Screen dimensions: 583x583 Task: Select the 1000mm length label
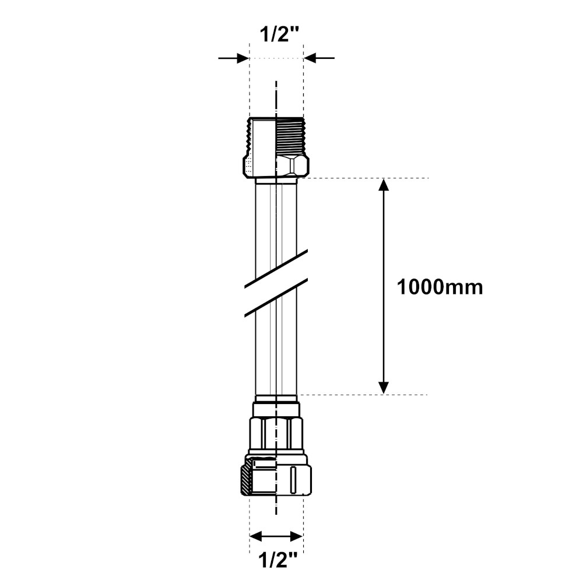440,287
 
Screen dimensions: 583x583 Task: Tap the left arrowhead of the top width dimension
243,58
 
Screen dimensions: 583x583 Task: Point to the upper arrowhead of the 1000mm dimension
384,184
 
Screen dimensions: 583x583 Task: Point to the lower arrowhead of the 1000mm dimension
384,388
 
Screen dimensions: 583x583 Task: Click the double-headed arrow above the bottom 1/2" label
276,536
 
